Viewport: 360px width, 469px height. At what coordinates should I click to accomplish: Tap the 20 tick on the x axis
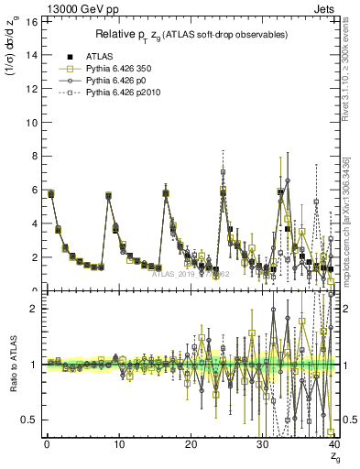tap(191, 445)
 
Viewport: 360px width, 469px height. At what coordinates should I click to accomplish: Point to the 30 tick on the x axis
tap(263, 445)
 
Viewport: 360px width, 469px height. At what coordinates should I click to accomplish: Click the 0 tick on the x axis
tap(46, 445)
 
